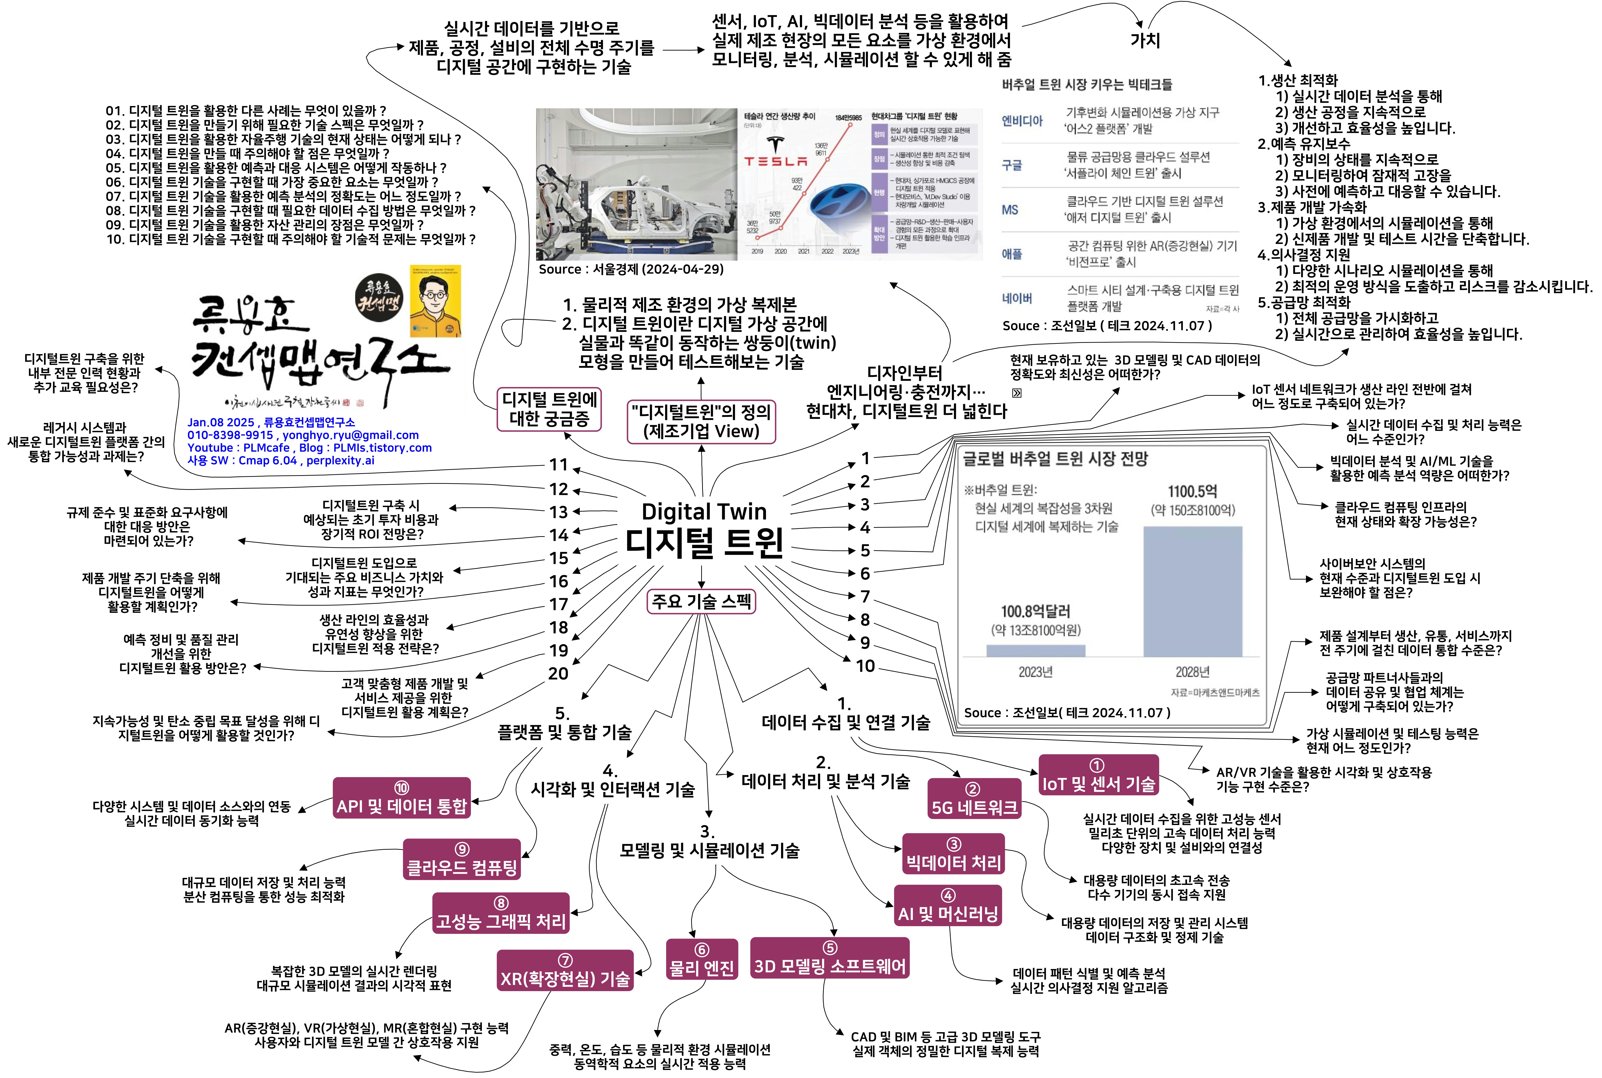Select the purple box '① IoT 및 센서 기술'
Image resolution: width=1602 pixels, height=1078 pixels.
1098,775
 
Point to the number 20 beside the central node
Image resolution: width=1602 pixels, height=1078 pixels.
558,674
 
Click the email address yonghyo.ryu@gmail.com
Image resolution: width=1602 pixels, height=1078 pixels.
350,435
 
